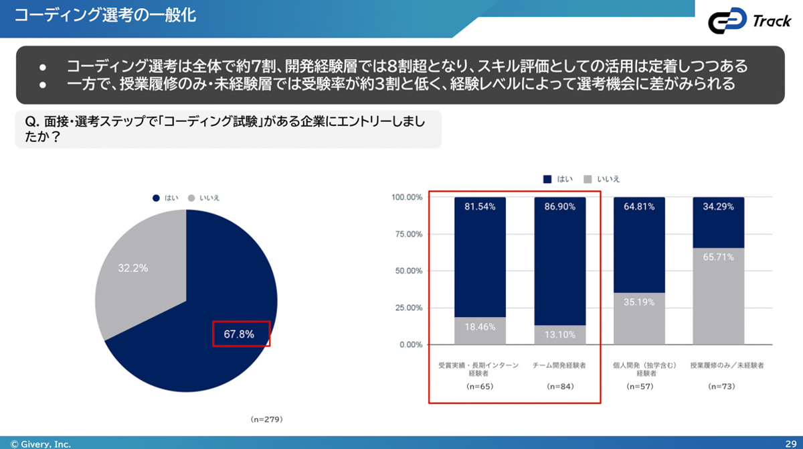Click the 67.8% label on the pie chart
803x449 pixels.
point(239,334)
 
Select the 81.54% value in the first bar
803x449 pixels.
point(480,207)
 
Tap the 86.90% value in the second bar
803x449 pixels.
point(560,207)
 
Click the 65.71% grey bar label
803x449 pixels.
point(719,257)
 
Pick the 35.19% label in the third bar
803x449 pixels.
point(640,302)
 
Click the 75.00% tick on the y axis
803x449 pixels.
point(407,235)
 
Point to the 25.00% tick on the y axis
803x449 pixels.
point(407,308)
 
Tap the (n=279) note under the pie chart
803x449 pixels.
point(267,420)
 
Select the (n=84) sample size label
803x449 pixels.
point(559,387)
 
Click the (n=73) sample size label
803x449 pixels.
point(718,387)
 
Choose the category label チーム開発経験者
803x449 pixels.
point(559,366)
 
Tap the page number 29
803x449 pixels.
point(790,444)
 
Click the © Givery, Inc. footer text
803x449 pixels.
point(40,444)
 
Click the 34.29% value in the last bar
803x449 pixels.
point(719,207)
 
